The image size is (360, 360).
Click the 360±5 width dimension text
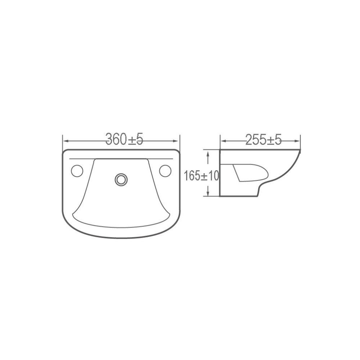coord(124,139)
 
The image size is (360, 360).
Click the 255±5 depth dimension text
coord(264,139)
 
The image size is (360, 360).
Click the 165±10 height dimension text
coord(201,176)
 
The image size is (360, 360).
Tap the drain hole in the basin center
coord(121,180)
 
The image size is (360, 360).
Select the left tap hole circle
coord(77,171)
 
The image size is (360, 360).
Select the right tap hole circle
coord(165,171)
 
